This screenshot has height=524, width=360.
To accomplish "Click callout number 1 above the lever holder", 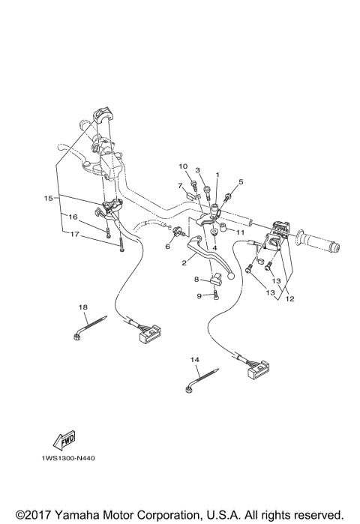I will [217, 175].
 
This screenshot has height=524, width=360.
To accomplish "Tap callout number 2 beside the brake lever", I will [184, 262].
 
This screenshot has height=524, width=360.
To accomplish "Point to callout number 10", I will [182, 166].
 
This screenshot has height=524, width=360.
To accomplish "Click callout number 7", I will [180, 184].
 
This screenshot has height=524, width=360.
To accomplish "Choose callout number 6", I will [168, 245].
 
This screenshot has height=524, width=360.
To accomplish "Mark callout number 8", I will [196, 280].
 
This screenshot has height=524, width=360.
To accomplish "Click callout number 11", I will [241, 233].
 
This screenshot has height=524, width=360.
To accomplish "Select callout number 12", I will [289, 299].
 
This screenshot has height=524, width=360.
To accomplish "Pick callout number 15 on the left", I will [48, 199].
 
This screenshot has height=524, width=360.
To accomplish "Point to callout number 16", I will [73, 217].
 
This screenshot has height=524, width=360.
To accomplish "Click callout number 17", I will [73, 234].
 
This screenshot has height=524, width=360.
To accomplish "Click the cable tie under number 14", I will [202, 379].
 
